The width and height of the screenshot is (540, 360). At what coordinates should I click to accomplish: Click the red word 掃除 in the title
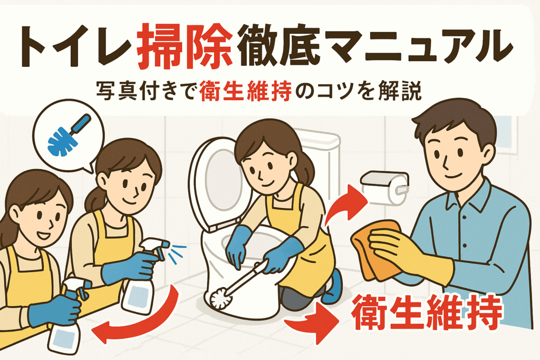pos(184,46)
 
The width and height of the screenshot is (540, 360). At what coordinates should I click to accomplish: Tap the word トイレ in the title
pos(75,47)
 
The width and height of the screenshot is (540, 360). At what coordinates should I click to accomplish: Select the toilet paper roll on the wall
pos(384,188)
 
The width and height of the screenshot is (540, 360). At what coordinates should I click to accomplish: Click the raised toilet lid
pos(216,182)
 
